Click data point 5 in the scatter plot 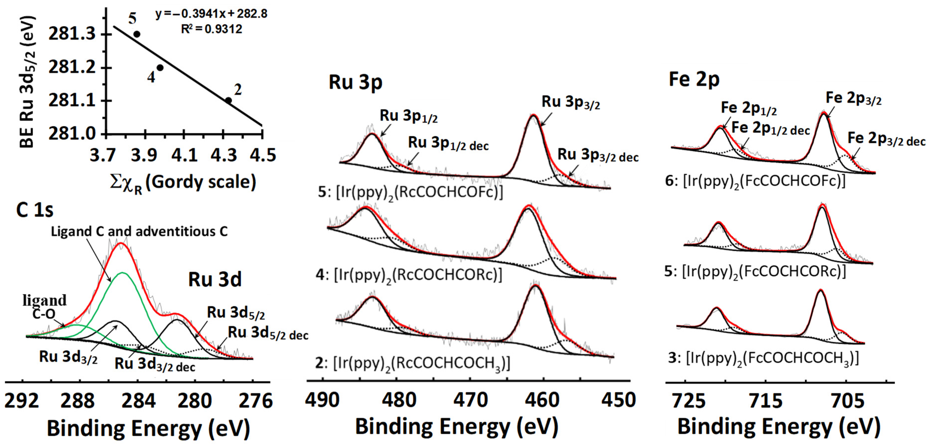tap(137, 34)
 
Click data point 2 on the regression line tap(229, 100)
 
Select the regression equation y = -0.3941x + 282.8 tap(212, 14)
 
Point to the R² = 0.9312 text tap(212, 29)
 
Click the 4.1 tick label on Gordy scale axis tap(184, 155)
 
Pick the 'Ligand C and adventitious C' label tap(139, 232)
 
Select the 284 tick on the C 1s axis tap(138, 401)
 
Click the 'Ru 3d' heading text tap(215, 279)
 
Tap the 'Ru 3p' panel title tap(355, 82)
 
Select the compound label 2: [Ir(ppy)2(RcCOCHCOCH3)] tap(413, 363)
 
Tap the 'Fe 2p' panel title tap(694, 79)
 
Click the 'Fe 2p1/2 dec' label tap(770, 129)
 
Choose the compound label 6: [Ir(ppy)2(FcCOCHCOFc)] tap(755, 181)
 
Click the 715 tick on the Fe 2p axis tap(765, 401)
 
